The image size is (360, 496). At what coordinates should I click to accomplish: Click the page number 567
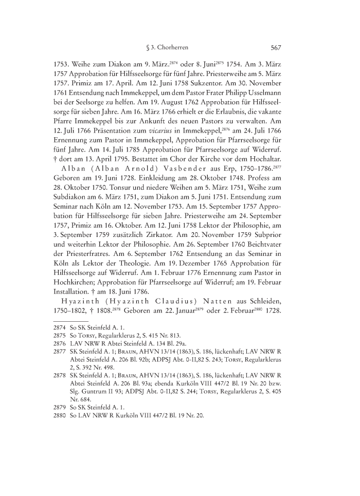point(275,48)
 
